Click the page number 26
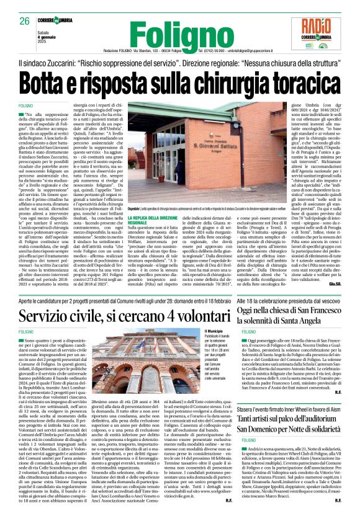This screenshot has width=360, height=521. tap(25, 21)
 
